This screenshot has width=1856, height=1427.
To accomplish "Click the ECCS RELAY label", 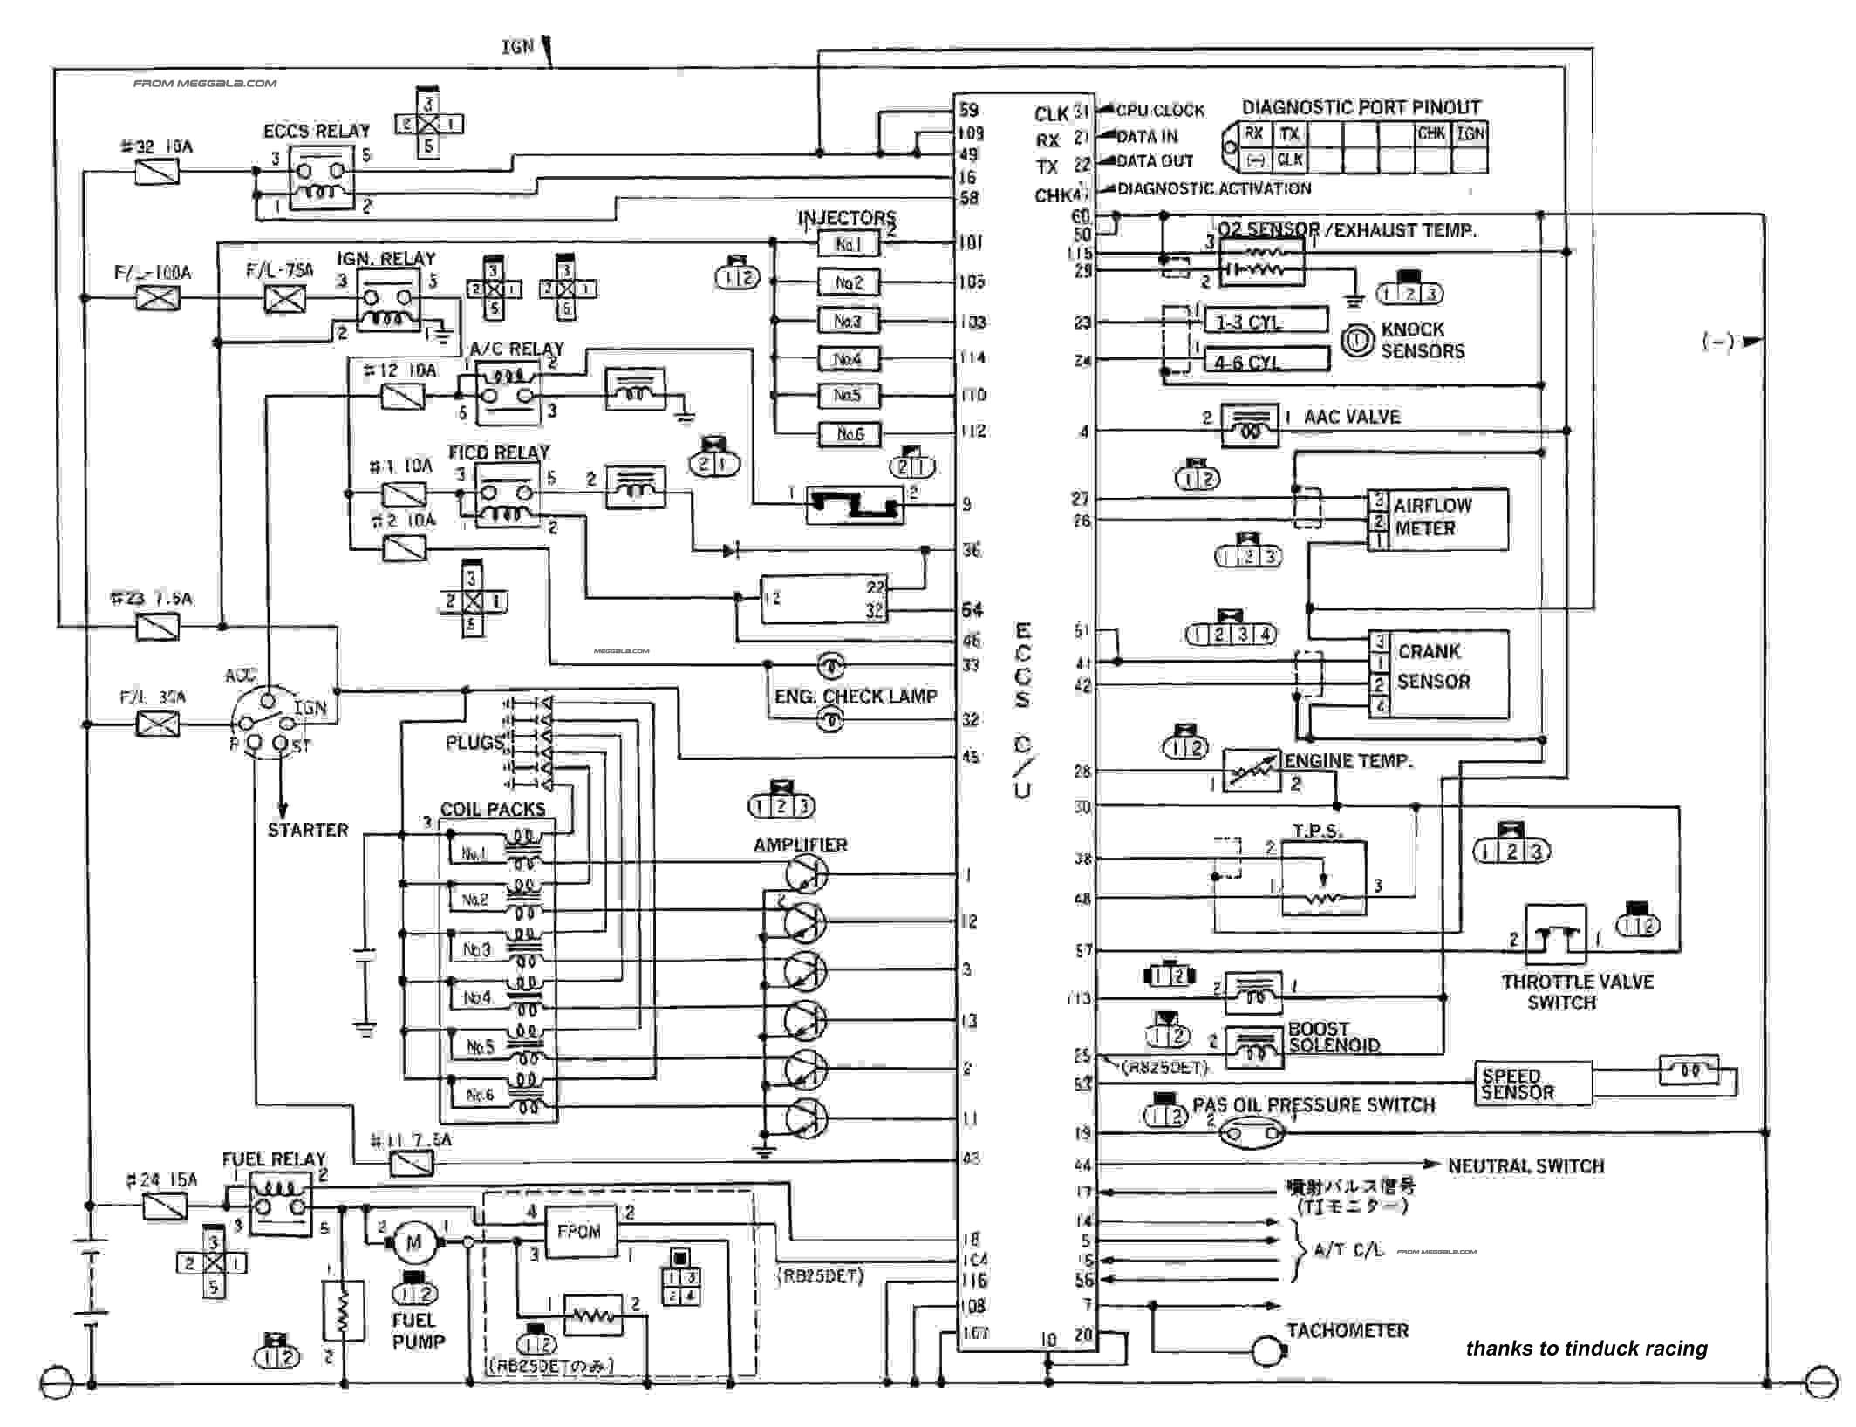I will click(x=317, y=132).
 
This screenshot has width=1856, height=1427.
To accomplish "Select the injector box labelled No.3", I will click(x=849, y=321).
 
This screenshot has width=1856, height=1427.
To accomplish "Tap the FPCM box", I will click(x=579, y=1231).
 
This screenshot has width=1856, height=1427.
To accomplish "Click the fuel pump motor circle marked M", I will click(x=413, y=1242).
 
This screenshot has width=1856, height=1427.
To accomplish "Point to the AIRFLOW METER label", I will click(x=1432, y=517).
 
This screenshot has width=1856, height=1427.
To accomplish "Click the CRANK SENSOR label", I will click(x=1433, y=667).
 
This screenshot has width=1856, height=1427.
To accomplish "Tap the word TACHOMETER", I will click(x=1348, y=1330).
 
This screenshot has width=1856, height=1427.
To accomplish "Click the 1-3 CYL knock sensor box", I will click(x=1266, y=322).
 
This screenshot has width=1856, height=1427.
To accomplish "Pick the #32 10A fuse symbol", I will click(x=158, y=172).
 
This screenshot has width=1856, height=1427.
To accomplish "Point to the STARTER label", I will click(x=307, y=830).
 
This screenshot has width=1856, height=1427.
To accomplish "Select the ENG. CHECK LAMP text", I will click(x=856, y=697).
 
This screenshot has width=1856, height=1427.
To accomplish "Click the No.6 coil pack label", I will click(x=480, y=1095).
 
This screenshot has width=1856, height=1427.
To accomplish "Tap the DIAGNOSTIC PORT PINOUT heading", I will click(x=1361, y=107).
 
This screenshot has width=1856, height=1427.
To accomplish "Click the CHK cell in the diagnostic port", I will click(x=1431, y=133).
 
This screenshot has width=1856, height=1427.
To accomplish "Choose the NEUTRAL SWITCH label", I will click(x=1525, y=1165).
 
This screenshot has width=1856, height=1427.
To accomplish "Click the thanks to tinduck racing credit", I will click(x=1586, y=1349).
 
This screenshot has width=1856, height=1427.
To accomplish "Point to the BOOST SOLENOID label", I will click(x=1334, y=1037).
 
